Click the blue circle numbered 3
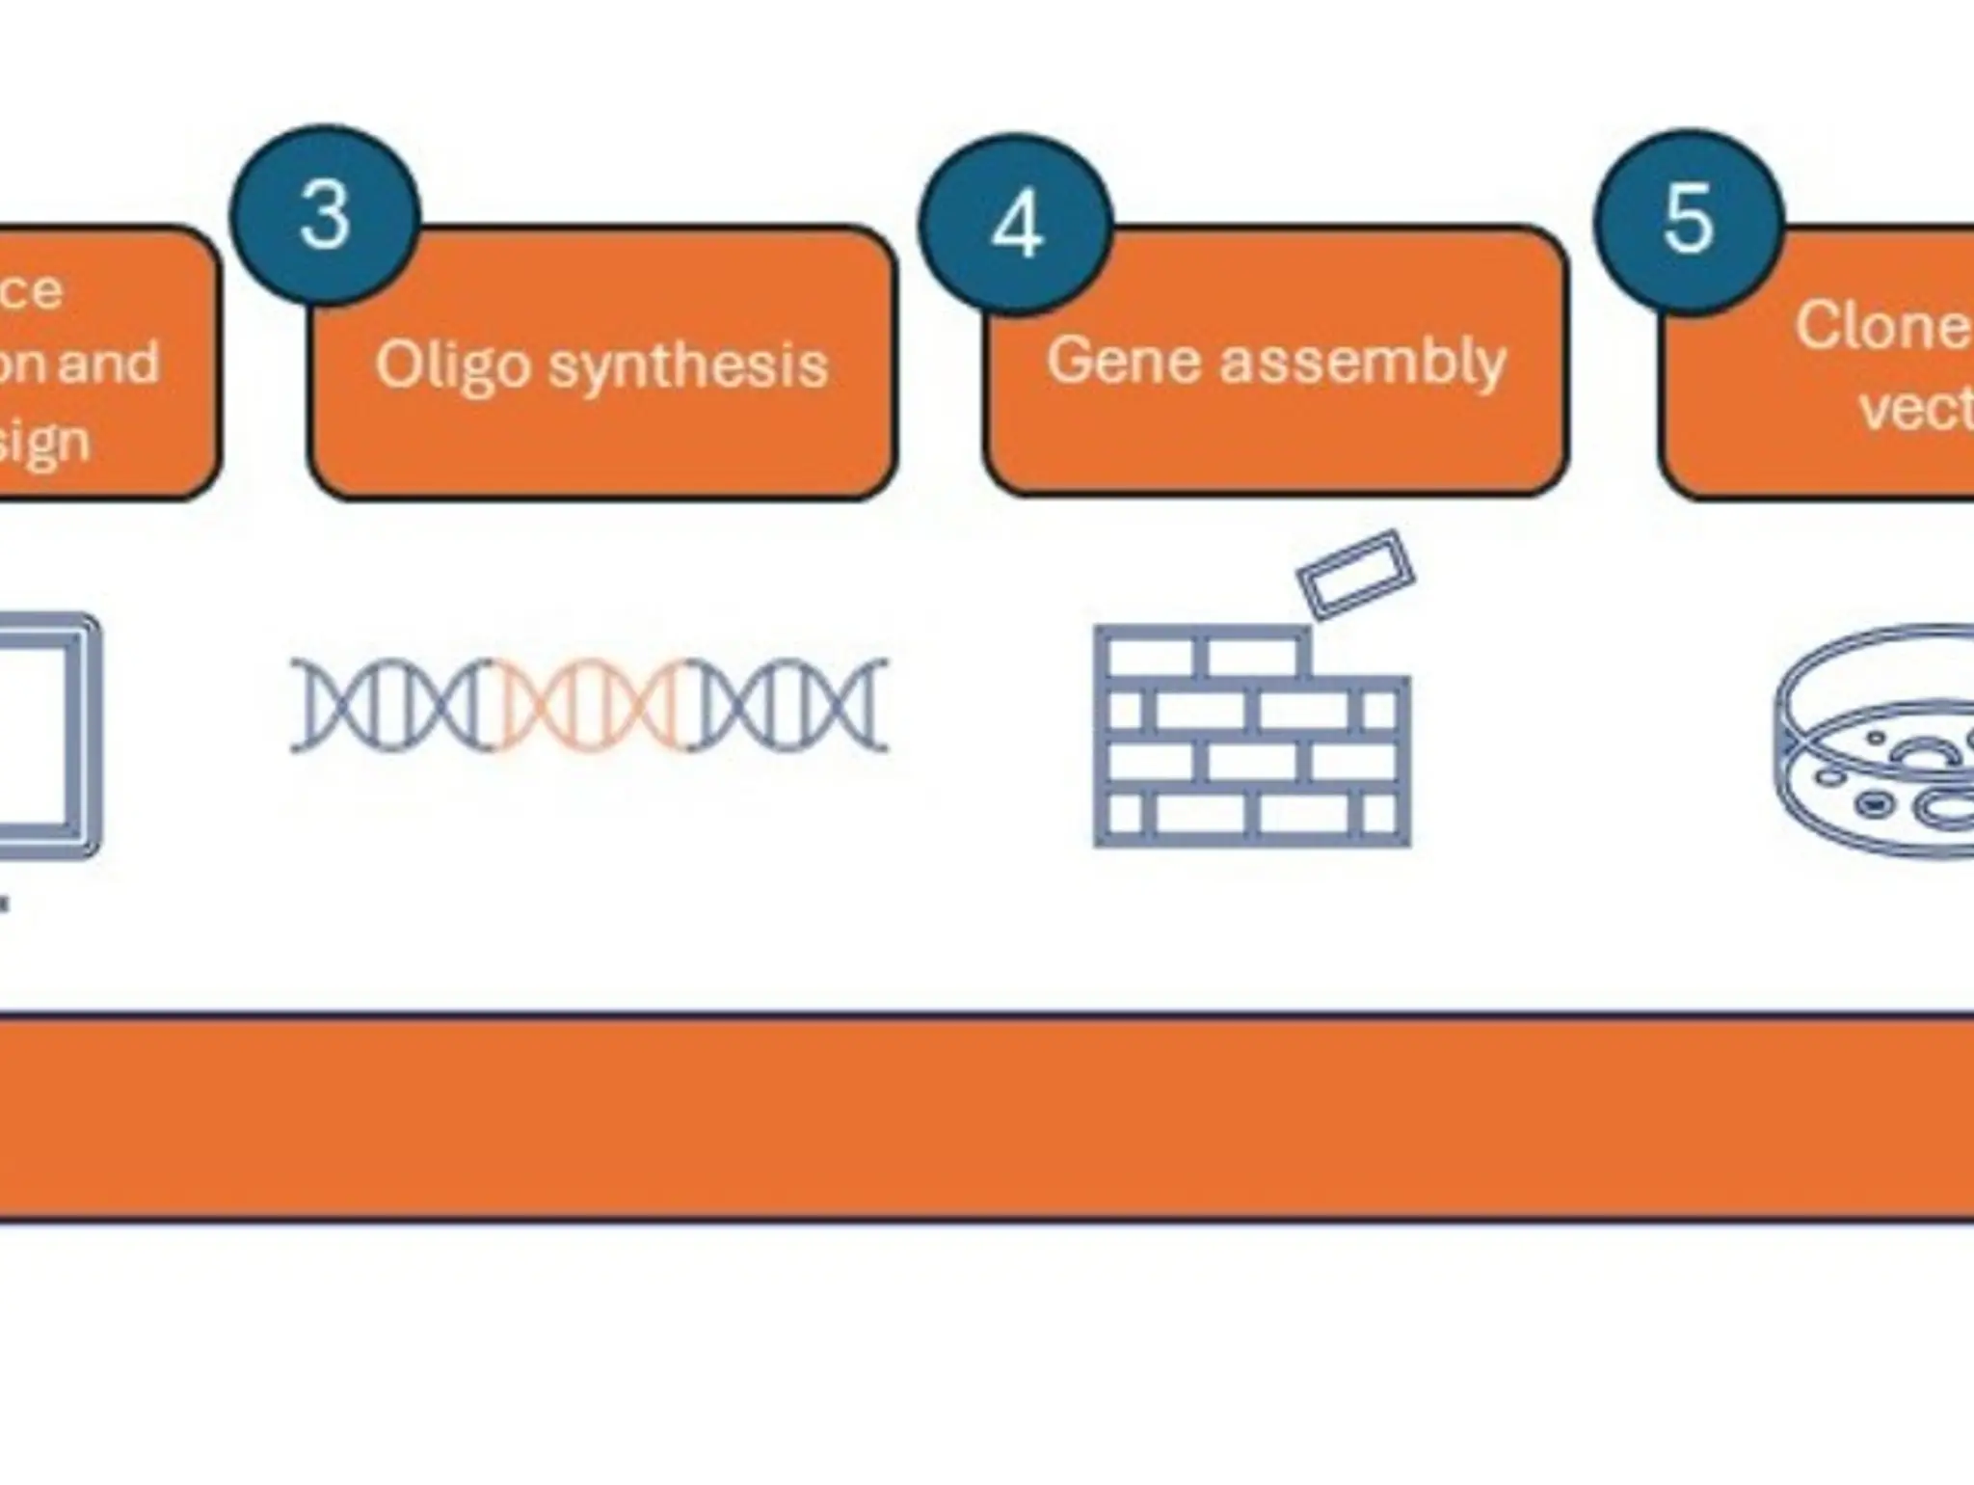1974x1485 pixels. click(325, 215)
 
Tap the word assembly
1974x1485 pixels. click(1362, 363)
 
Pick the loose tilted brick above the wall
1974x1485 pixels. click(1355, 573)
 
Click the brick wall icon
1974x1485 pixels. click(1252, 738)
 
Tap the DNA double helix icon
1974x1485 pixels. click(589, 705)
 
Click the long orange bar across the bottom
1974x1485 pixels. click(987, 1118)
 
